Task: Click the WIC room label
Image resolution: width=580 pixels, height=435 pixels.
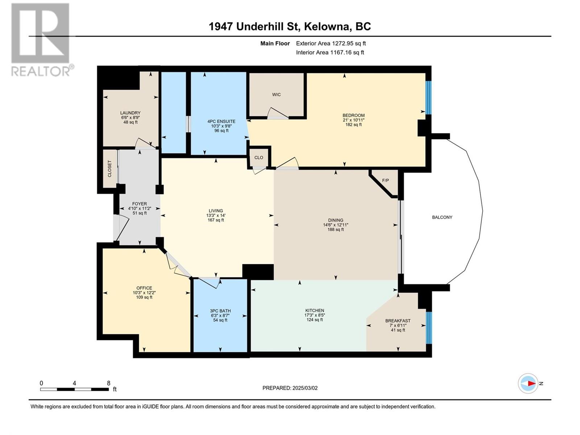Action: [x=276, y=95]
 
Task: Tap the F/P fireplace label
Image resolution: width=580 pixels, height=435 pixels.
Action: [x=385, y=181]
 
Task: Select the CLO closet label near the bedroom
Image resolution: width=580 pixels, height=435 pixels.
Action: [x=259, y=157]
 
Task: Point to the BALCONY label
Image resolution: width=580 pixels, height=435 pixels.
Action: [x=442, y=217]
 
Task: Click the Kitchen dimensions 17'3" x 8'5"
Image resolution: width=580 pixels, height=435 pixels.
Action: [x=314, y=315]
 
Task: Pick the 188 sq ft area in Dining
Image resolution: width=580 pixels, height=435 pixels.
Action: [x=336, y=229]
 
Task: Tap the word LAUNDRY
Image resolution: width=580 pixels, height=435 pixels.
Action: [x=130, y=113]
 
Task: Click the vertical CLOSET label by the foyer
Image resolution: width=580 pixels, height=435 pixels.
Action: [x=109, y=169]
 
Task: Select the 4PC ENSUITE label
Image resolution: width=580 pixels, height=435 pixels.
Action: [x=221, y=121]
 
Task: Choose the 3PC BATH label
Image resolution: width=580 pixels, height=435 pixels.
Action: [x=220, y=311]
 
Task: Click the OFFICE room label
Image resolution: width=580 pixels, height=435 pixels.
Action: [x=144, y=288]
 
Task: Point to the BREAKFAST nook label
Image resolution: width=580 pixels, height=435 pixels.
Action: [x=398, y=321]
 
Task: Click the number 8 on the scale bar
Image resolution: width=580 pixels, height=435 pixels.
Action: [x=109, y=383]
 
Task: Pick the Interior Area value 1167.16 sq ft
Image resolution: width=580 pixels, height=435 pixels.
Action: [x=347, y=52]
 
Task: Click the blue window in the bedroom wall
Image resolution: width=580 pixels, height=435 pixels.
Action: [x=428, y=98]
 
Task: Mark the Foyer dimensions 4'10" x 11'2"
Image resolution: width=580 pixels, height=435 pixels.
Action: [x=140, y=208]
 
